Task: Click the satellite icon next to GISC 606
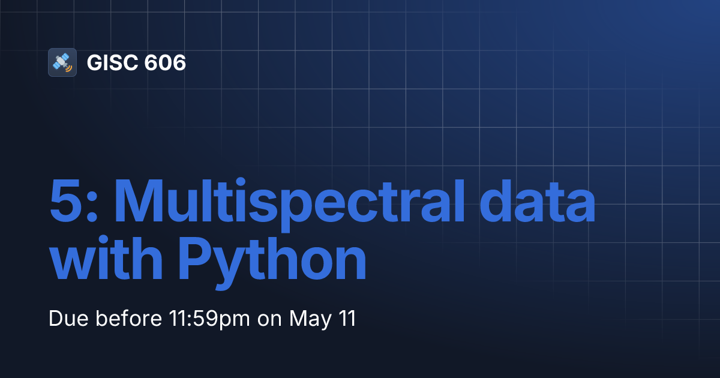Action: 62,62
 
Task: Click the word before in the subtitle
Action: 123,319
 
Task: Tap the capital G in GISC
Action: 95,63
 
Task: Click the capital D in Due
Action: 55,319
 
